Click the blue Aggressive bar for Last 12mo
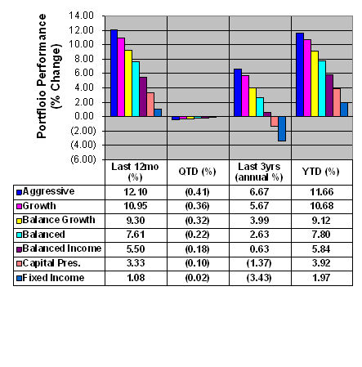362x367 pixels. pyautogui.click(x=114, y=73)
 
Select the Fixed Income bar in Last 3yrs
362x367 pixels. pyautogui.click(x=282, y=128)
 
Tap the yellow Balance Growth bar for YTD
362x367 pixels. pyautogui.click(x=315, y=83)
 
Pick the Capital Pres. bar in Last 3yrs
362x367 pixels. pyautogui.click(x=275, y=121)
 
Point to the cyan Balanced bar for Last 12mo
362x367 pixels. pyautogui.click(x=136, y=89)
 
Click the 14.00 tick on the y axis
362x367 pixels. pyautogui.click(x=81, y=16)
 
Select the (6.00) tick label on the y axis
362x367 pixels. pyautogui.click(x=83, y=159)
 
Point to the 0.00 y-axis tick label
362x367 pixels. pyautogui.click(x=83, y=116)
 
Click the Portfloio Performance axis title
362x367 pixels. pyautogui.click(x=42, y=76)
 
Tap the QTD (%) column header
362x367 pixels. pyautogui.click(x=198, y=172)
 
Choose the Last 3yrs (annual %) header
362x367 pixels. pyautogui.click(x=259, y=172)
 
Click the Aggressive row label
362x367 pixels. pyautogui.click(x=48, y=191)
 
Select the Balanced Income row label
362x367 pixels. pyautogui.click(x=62, y=248)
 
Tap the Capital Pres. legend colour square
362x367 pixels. pyautogui.click(x=19, y=264)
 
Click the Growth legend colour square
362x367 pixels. pyautogui.click(x=19, y=206)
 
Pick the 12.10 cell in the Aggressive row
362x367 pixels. pyautogui.click(x=136, y=192)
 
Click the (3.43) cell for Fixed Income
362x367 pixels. pyautogui.click(x=259, y=278)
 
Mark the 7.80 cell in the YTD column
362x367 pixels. pyautogui.click(x=321, y=235)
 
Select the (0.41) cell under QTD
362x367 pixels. pyautogui.click(x=197, y=192)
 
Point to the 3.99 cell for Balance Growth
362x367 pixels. pyautogui.click(x=259, y=221)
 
